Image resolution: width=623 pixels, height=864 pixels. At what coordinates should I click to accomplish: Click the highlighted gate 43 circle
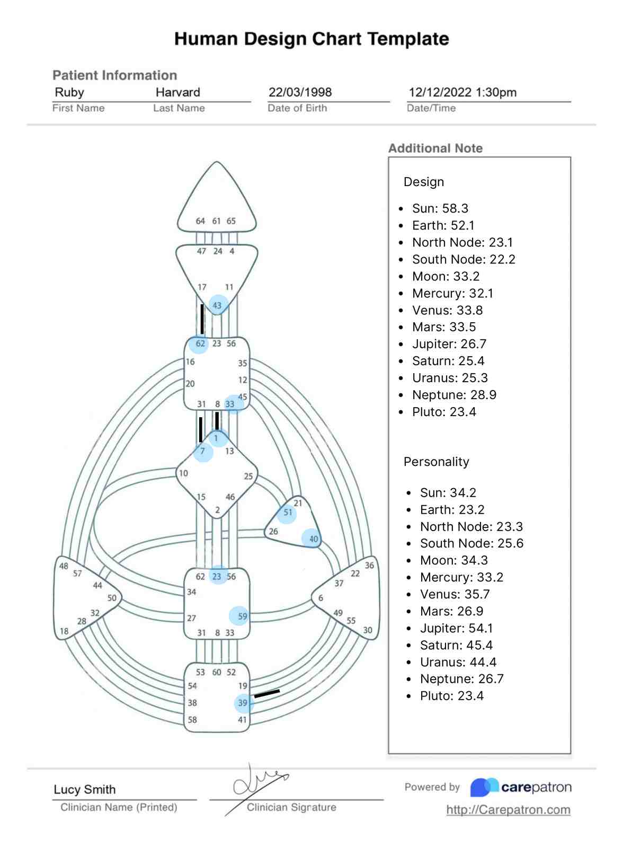(x=218, y=305)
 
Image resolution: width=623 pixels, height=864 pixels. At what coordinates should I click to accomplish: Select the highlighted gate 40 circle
(x=311, y=539)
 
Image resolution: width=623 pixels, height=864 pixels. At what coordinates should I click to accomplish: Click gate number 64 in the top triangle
(x=200, y=221)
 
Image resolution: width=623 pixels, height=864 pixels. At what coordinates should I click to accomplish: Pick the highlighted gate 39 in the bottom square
(x=244, y=703)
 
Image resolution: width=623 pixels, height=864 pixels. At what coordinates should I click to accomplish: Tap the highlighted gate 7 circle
(x=203, y=452)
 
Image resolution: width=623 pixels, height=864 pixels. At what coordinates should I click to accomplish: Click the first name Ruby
(x=69, y=92)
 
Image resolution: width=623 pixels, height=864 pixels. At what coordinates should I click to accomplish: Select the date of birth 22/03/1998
(x=300, y=92)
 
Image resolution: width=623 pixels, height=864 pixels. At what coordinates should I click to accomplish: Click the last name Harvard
(x=177, y=92)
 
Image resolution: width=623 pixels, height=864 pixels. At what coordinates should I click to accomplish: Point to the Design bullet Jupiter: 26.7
(x=449, y=344)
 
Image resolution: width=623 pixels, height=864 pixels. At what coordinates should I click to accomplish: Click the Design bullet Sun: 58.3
(x=440, y=208)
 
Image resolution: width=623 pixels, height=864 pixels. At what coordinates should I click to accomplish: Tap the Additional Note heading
(x=435, y=148)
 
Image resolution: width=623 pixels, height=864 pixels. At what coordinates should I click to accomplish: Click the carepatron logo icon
(x=484, y=787)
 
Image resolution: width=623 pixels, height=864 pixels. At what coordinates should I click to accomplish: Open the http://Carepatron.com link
(x=508, y=810)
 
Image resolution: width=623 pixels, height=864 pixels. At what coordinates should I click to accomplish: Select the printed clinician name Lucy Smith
(x=85, y=789)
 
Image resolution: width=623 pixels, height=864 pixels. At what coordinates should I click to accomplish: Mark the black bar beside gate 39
(x=267, y=693)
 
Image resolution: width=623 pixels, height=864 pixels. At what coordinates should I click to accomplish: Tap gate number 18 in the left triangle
(x=64, y=631)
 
